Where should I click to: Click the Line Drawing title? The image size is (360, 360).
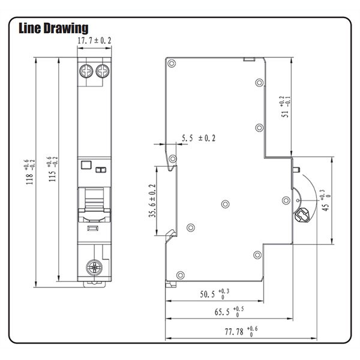coord(54,28)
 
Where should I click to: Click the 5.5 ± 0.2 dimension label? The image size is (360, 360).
coord(198,138)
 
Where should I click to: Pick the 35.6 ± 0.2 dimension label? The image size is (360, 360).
coord(152,201)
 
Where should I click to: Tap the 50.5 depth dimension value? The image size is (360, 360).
coord(213,294)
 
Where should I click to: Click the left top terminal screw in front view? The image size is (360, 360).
coord(86,70)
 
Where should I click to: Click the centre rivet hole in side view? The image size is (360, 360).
coord(224,203)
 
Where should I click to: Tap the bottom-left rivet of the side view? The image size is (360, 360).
coord(172,275)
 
